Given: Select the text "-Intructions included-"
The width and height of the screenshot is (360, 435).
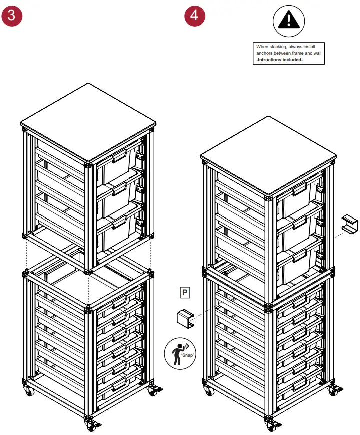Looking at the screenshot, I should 279,59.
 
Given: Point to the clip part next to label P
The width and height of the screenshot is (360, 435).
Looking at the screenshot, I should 185,318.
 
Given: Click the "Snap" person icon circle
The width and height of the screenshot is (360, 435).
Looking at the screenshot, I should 180,354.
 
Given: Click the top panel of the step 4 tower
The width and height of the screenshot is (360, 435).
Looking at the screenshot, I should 268,155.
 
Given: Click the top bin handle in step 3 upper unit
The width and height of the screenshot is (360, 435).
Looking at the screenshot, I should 119,159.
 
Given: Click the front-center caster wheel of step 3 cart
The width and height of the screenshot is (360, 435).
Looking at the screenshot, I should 91,426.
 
